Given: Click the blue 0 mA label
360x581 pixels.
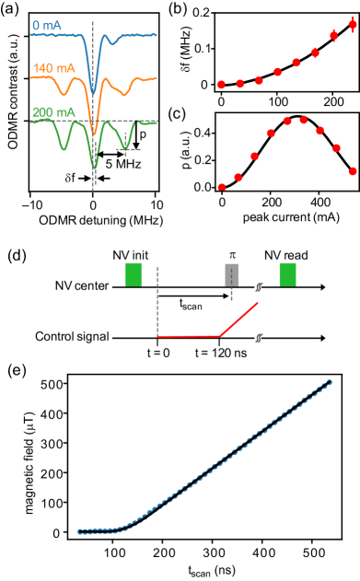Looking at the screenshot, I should click(47, 26).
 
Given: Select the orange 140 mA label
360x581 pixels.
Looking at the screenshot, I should click(53, 68).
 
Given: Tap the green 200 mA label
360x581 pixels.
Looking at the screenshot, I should click(53, 112).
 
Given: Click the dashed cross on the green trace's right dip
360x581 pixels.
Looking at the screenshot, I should click(126, 149).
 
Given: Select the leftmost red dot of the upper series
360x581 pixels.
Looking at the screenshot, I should click(221, 85).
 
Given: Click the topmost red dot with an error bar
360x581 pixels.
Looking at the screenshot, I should click(353, 26).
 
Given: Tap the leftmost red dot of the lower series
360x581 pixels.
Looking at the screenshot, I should click(222, 187).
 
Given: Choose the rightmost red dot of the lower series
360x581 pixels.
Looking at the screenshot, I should click(353, 171).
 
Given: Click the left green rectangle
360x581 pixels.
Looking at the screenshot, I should click(134, 274).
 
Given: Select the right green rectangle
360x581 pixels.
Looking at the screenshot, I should click(287, 274).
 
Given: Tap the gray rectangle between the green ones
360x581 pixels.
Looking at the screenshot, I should click(232, 273).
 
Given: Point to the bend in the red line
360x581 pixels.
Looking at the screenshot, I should click(220, 336).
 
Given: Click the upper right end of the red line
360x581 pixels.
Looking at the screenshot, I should click(259, 303).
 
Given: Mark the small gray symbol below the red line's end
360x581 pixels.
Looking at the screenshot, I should click(260, 338).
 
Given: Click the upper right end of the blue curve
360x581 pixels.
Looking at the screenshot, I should click(331, 381).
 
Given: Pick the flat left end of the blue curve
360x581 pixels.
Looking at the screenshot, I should click(81, 531).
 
